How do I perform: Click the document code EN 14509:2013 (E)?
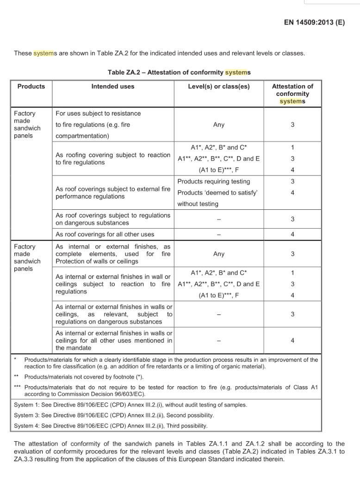314,22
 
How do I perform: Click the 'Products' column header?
31,86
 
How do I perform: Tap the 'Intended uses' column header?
113,86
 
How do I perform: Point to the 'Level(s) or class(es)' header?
218,86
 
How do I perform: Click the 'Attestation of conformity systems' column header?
292,94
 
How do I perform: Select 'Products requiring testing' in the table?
213,182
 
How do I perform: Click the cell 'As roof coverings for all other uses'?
105,234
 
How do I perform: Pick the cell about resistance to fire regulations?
98,125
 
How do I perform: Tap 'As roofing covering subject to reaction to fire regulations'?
113,158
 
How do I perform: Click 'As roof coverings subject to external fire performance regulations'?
113,193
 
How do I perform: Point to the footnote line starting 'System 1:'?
130,404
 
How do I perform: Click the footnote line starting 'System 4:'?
111,426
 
